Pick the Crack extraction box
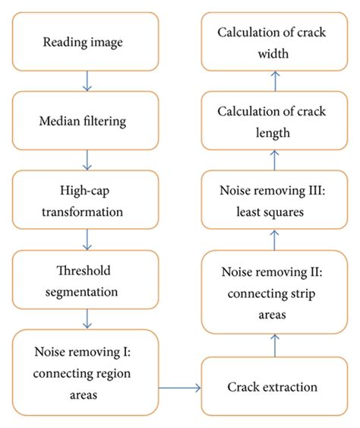(271, 388)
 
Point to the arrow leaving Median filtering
(89, 159)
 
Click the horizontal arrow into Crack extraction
(179, 388)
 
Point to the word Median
(65, 120)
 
